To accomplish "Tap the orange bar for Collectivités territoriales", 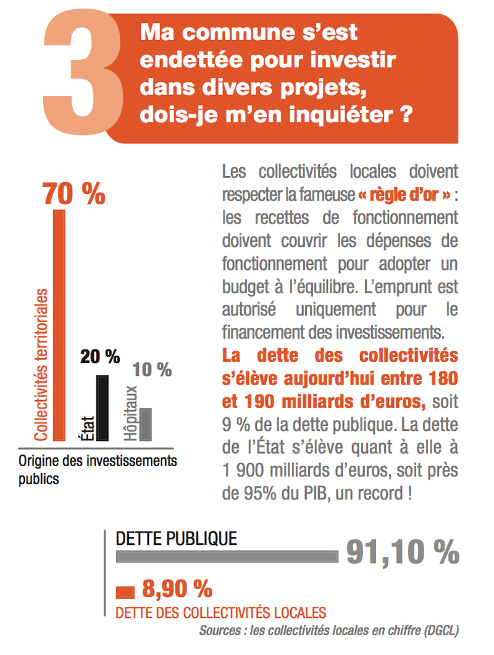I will tap(59, 325).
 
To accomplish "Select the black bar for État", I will tap(102, 407).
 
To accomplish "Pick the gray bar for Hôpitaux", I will tap(146, 424).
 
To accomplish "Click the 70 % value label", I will tap(73, 194).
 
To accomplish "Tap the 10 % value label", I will tap(152, 370).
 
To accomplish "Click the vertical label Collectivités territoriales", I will tap(41, 364).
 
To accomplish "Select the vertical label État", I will tap(86, 427).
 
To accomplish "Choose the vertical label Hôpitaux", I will tap(130, 413).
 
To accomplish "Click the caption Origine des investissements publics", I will tap(97, 469).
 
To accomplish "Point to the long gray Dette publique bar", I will tap(227, 556).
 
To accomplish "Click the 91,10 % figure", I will tap(402, 552).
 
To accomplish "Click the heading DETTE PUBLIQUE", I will tap(177, 538).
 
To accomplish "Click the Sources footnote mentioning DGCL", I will tap(329, 630).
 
